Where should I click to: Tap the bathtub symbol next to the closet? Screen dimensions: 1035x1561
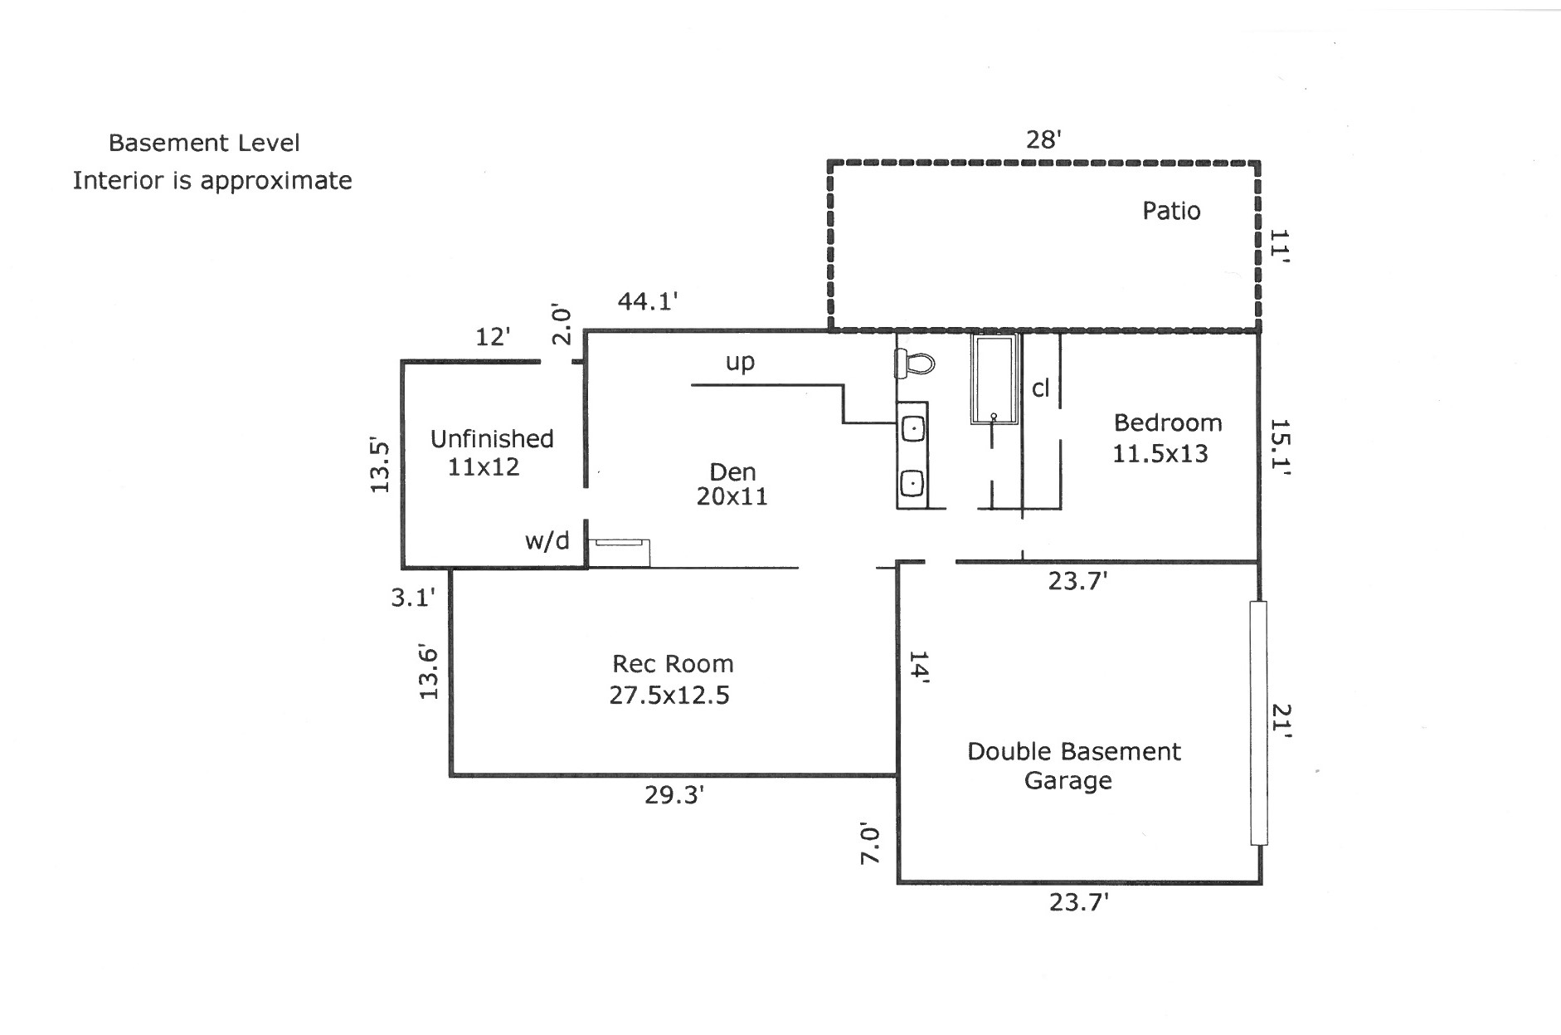[994, 379]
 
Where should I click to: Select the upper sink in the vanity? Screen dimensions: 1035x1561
[913, 429]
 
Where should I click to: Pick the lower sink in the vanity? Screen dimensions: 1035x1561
[912, 482]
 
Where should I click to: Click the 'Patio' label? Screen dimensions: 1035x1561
[1171, 211]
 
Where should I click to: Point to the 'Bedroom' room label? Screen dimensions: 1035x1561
[1168, 423]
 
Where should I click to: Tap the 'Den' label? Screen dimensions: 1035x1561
[732, 472]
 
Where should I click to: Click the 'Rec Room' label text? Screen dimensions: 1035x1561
[673, 664]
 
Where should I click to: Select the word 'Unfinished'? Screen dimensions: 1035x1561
[492, 439]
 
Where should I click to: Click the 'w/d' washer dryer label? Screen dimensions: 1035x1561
[547, 541]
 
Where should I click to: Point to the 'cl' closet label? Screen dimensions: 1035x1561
[1041, 388]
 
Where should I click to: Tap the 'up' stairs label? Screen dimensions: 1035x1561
[740, 362]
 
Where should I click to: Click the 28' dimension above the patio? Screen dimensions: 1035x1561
[1043, 139]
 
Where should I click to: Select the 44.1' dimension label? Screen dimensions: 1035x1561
[648, 301]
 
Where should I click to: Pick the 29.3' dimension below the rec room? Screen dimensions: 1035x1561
[674, 795]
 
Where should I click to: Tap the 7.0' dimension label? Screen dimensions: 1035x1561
[869, 844]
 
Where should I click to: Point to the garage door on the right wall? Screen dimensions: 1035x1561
[1258, 723]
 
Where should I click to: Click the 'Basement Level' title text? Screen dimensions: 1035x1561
[204, 143]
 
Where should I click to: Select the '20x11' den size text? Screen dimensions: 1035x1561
[732, 496]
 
